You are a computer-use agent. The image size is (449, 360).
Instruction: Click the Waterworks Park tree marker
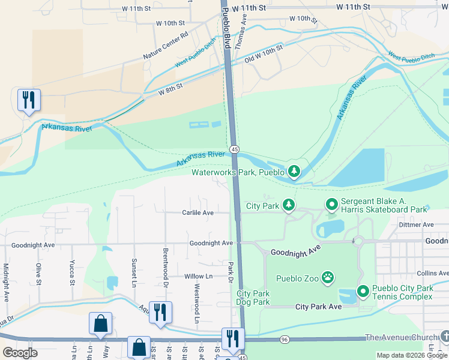(294, 172)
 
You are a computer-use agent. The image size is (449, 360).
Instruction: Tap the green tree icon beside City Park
(289, 205)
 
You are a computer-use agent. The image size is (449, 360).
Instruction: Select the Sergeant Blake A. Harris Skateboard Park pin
(331, 205)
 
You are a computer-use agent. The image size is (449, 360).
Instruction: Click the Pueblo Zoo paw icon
(327, 277)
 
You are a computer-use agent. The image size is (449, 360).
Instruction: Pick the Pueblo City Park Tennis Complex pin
(363, 292)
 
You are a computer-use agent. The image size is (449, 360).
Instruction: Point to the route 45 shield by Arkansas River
(234, 149)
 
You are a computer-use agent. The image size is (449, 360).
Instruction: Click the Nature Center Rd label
(166, 46)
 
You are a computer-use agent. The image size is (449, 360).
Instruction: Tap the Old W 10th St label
(264, 55)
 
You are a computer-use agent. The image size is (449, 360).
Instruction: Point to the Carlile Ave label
(198, 212)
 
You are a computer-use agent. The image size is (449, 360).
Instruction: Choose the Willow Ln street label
(199, 276)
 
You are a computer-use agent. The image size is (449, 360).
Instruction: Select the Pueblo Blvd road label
(226, 29)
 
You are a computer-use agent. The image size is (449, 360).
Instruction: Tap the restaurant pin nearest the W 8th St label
(28, 100)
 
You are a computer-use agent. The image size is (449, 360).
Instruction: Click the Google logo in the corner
(20, 352)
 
